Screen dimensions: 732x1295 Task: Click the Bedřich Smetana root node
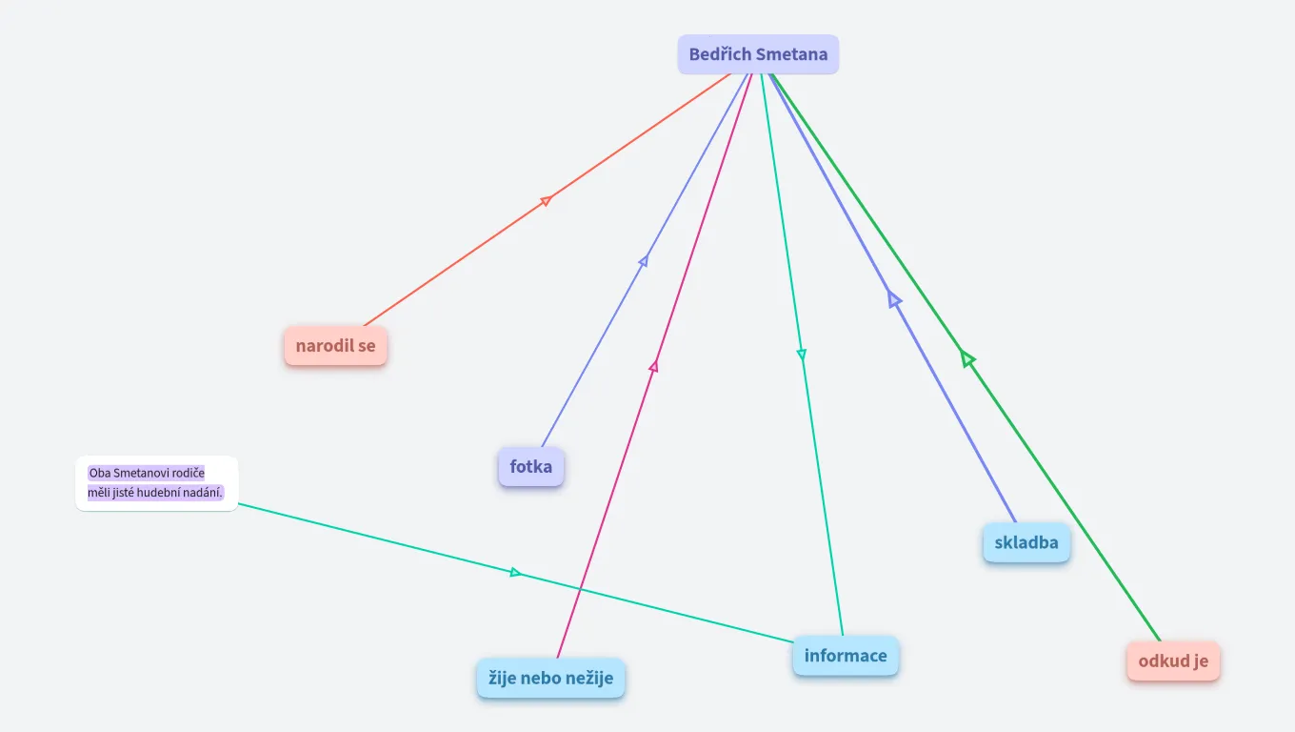(758, 55)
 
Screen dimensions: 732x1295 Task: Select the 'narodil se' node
(335, 346)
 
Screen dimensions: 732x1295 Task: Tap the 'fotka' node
(530, 467)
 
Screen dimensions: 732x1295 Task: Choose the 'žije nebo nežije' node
(550, 679)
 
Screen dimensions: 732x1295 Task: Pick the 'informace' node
(845, 656)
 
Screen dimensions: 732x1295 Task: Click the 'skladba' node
(1026, 543)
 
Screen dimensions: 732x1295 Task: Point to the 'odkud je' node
(1173, 661)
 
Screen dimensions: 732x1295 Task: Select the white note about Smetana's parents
(156, 483)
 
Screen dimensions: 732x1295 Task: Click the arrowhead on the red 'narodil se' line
(547, 199)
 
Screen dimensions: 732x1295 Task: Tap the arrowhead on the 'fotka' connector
(644, 260)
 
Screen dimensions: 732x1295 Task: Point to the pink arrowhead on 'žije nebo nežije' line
(654, 365)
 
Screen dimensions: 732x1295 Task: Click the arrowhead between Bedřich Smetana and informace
(802, 355)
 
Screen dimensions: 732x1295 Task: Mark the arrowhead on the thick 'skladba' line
(893, 299)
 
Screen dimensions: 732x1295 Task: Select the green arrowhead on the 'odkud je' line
(966, 358)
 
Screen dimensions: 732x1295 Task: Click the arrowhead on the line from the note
(515, 572)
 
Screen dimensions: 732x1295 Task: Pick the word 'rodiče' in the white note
(189, 473)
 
